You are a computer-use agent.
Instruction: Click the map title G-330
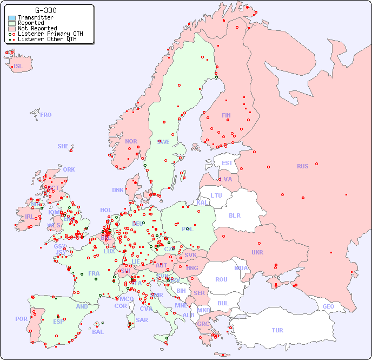[x=46, y=10]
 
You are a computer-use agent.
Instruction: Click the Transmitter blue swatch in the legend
[x=12, y=17]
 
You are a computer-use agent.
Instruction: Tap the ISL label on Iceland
[x=18, y=67]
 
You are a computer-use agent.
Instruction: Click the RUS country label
[x=302, y=166]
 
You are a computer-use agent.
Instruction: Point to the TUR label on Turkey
[x=277, y=330]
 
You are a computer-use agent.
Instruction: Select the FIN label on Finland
[x=226, y=115]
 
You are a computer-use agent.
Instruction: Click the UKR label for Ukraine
[x=257, y=252]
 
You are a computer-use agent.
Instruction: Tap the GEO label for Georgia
[x=328, y=306]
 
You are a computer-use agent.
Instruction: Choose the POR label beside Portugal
[x=21, y=319]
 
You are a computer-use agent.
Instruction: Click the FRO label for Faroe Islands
[x=46, y=115]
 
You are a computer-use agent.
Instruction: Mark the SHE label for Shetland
[x=63, y=146]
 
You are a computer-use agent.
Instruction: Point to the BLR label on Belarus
[x=235, y=215]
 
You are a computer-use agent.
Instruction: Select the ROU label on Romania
[x=221, y=279]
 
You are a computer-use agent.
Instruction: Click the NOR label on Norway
[x=131, y=141]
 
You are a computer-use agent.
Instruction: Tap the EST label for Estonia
[x=227, y=163]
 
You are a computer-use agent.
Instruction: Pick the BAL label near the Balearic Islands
[x=97, y=332]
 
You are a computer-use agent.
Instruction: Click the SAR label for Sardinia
[x=142, y=320]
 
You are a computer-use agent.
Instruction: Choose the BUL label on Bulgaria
[x=223, y=303]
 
